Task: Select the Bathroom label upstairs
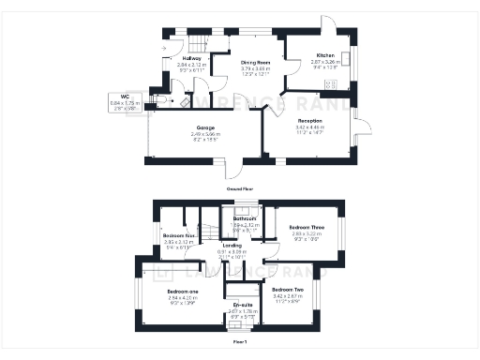pos(246,218)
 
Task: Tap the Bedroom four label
pos(177,234)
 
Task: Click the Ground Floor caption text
pos(239,188)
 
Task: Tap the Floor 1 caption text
pos(240,342)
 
